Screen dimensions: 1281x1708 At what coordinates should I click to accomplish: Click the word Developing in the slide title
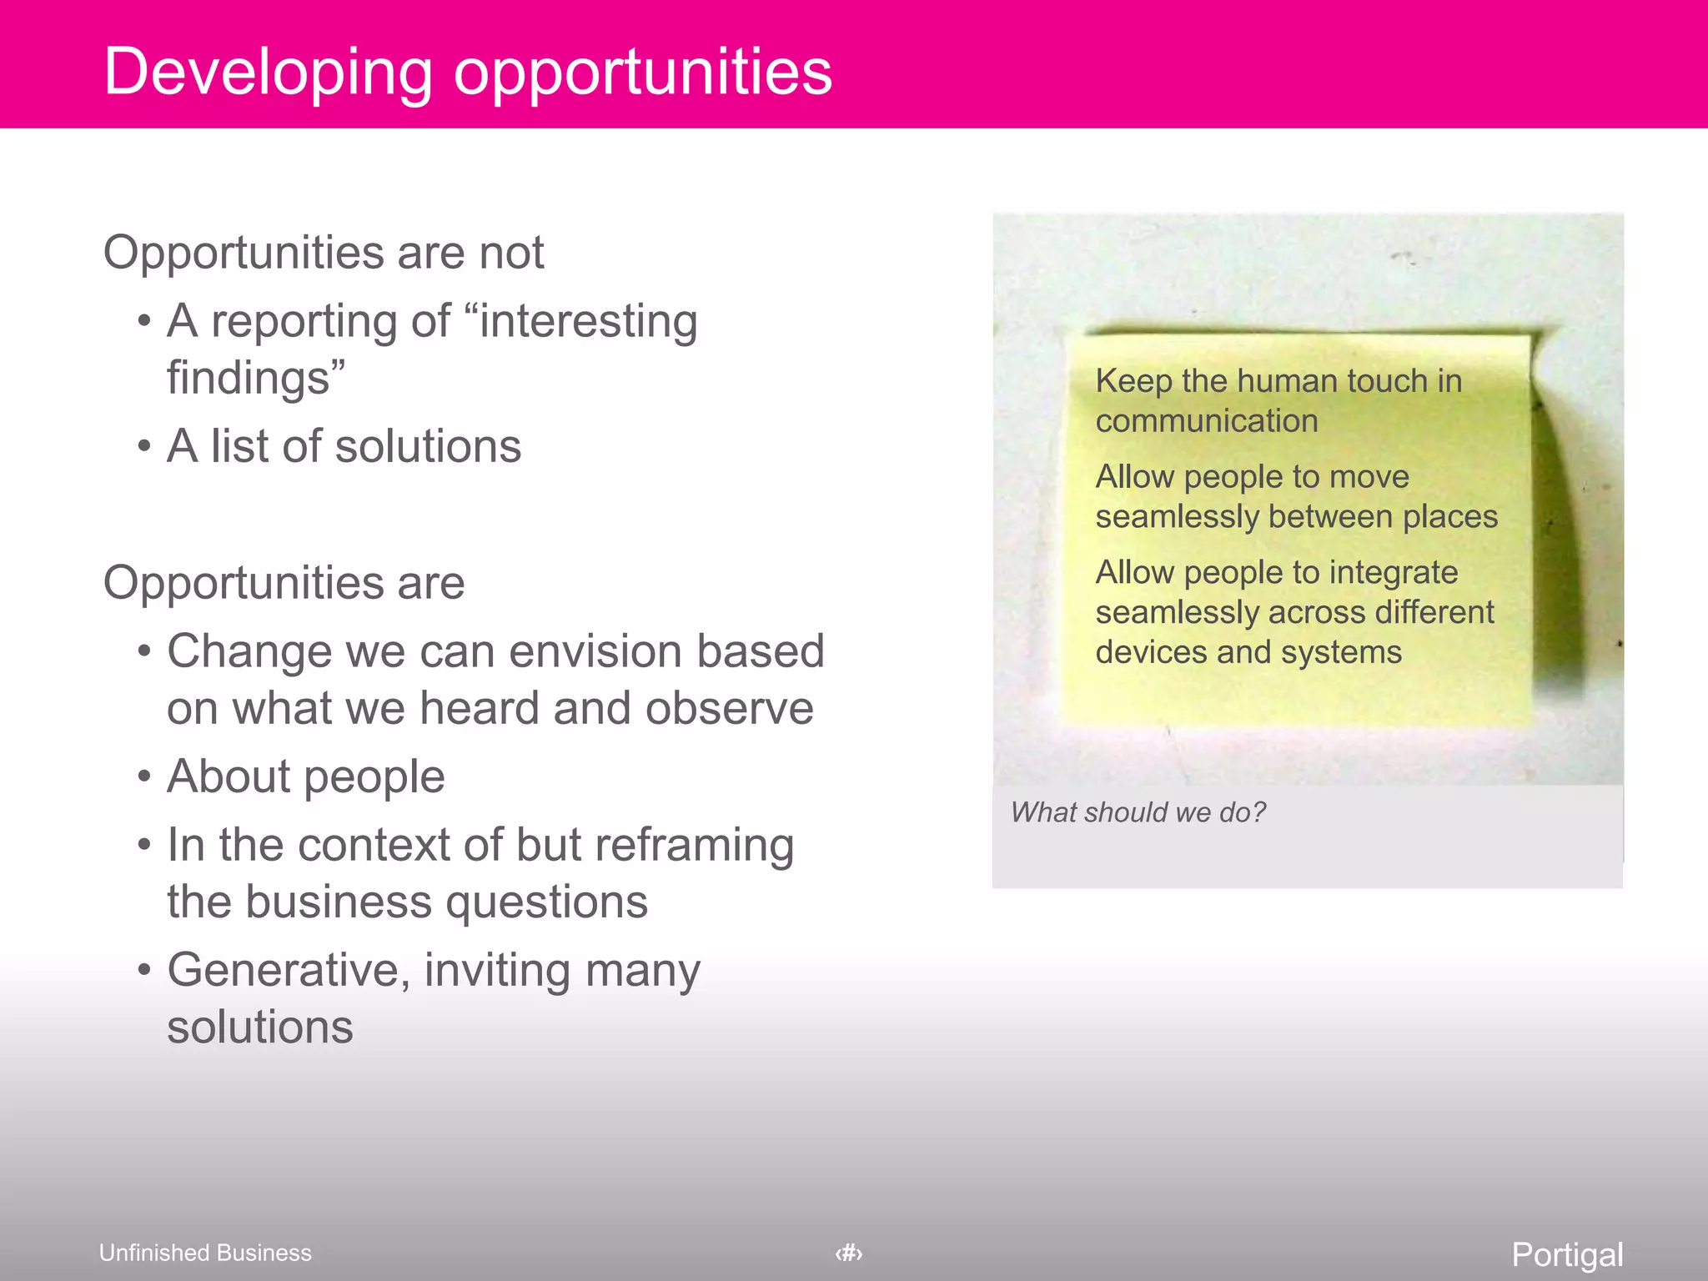268,73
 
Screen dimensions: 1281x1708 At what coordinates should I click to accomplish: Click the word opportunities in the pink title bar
642,73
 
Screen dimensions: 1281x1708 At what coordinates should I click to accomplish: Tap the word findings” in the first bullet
255,378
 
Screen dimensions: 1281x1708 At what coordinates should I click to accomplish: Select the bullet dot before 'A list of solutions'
144,446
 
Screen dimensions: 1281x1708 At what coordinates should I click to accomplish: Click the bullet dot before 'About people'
144,776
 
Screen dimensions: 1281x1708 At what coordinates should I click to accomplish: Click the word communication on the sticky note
1206,421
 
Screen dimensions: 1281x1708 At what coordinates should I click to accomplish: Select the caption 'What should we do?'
1138,812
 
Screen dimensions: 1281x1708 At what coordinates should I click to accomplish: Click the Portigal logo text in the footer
1567,1254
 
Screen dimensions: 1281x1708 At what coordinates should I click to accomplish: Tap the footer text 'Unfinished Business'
205,1253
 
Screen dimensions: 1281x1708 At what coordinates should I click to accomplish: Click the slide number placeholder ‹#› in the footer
849,1253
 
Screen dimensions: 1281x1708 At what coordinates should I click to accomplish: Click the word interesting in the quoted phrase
588,322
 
